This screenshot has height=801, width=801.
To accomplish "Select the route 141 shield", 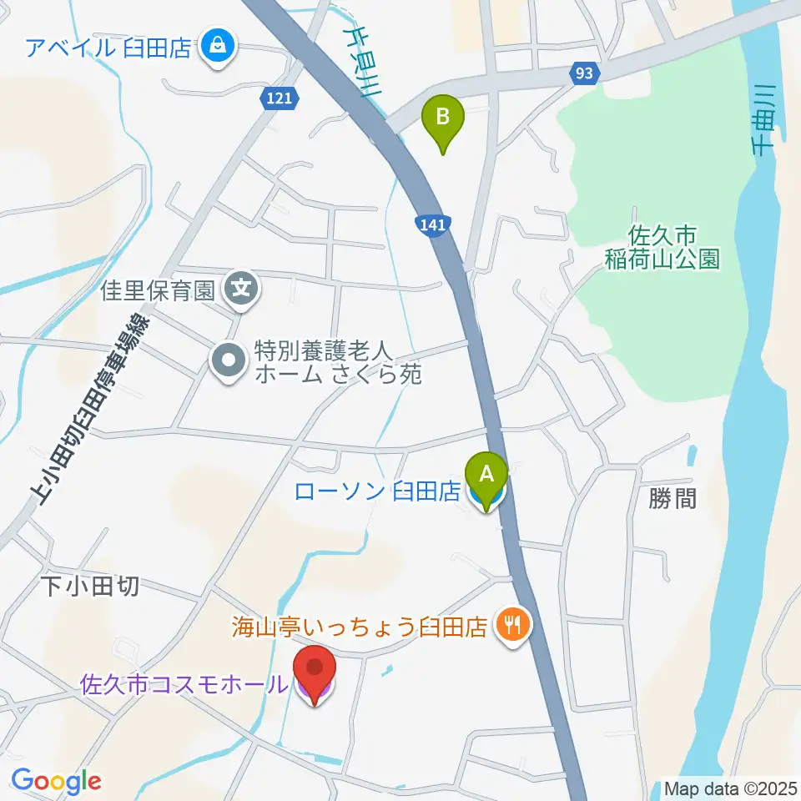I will coord(431,224).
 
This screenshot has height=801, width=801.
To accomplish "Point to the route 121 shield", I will coord(275,98).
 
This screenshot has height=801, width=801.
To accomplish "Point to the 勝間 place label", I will coord(672,499).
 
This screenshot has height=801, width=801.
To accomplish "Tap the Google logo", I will coord(56,781).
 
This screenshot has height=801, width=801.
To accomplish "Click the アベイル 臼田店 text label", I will coord(109,46).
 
